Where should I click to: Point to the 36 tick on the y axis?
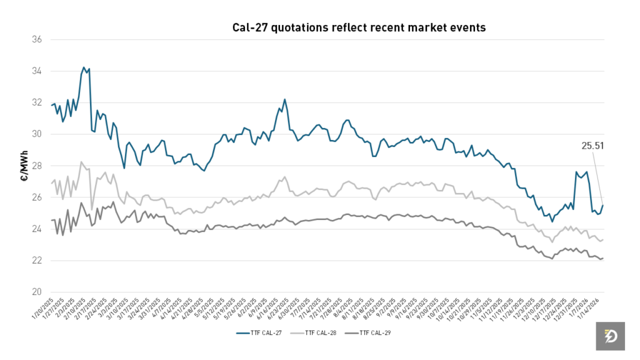tap(37, 39)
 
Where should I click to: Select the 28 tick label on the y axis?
tap(37, 166)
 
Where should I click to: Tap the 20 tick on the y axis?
tap(37, 292)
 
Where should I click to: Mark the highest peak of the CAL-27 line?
tap(84, 67)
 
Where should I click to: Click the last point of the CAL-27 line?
tap(603, 205)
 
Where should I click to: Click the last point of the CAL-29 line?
tap(603, 258)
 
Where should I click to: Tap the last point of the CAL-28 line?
tap(603, 239)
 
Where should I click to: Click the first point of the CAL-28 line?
tap(51, 184)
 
